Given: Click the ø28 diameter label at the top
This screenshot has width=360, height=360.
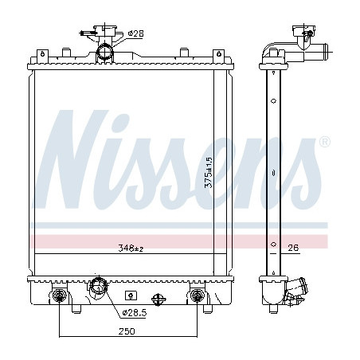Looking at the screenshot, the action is [x=135, y=33].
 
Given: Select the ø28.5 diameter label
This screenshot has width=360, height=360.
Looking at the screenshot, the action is [x=135, y=313].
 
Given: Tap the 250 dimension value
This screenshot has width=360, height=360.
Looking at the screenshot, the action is [x=127, y=331].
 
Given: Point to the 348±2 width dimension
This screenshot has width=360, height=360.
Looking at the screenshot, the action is [x=131, y=248].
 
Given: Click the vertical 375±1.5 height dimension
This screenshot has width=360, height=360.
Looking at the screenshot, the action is [x=209, y=173].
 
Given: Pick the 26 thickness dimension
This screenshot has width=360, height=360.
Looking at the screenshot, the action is [x=293, y=248].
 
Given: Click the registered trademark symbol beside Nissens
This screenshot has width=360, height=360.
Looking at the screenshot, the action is [x=324, y=142].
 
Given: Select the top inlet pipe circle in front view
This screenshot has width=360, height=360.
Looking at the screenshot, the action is [x=105, y=52].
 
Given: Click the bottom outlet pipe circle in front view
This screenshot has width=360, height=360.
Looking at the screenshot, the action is [x=99, y=286].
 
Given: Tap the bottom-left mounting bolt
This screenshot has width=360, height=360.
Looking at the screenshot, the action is [x=59, y=295].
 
